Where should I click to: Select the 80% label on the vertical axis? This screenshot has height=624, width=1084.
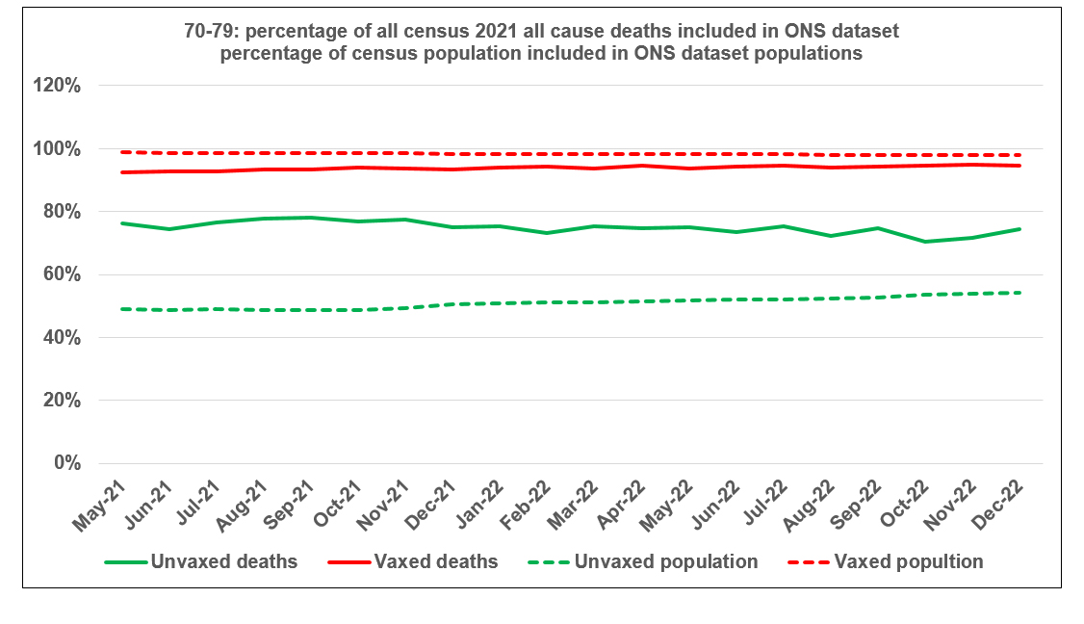tap(62, 212)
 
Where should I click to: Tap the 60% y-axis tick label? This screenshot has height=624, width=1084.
tap(62, 274)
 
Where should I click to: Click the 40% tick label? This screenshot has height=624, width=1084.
tap(62, 338)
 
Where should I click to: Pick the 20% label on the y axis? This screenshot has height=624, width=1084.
tap(62, 401)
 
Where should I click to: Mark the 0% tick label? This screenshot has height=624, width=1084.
tap(67, 463)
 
